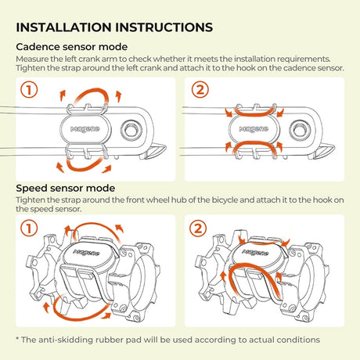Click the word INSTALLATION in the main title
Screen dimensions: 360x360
tap(63, 27)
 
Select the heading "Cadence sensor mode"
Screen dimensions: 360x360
tap(72, 47)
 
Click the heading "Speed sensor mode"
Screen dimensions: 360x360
tap(66, 189)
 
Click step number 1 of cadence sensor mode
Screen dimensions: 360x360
tap(29, 90)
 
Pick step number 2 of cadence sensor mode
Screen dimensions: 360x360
tap(200, 90)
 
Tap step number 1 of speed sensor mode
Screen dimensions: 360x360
tap(29, 229)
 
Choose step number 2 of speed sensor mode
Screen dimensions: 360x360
tap(198, 229)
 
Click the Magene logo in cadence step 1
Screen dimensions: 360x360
tap(85, 129)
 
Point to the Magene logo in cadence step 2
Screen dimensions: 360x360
tap(254, 129)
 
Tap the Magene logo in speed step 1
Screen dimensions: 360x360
tap(87, 253)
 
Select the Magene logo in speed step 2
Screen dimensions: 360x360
tap(255, 253)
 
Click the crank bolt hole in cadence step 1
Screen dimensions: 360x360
tap(131, 130)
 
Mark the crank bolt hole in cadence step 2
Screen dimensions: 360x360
tap(301, 130)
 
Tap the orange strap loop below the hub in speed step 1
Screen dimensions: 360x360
tap(76, 316)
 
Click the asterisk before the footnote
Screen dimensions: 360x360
tap(18, 339)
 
